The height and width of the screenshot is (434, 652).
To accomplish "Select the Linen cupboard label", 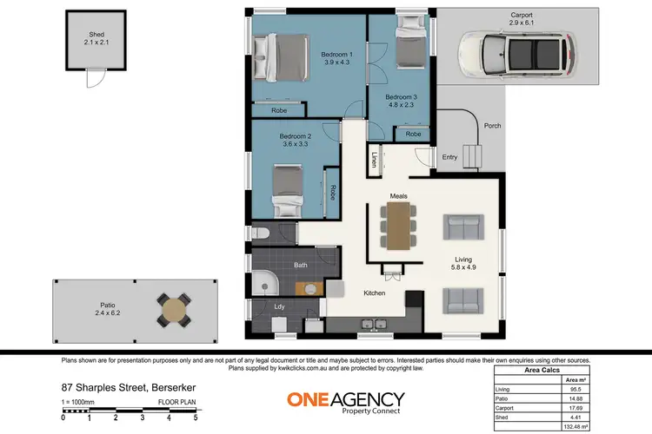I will (375, 160).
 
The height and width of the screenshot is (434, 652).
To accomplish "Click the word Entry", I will (449, 157).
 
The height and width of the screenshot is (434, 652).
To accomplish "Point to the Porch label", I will (492, 126).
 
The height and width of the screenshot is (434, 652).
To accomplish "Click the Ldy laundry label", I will (279, 306).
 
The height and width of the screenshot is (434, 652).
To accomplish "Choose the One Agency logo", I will (345, 401).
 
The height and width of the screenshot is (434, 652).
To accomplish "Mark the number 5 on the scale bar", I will (196, 418).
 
